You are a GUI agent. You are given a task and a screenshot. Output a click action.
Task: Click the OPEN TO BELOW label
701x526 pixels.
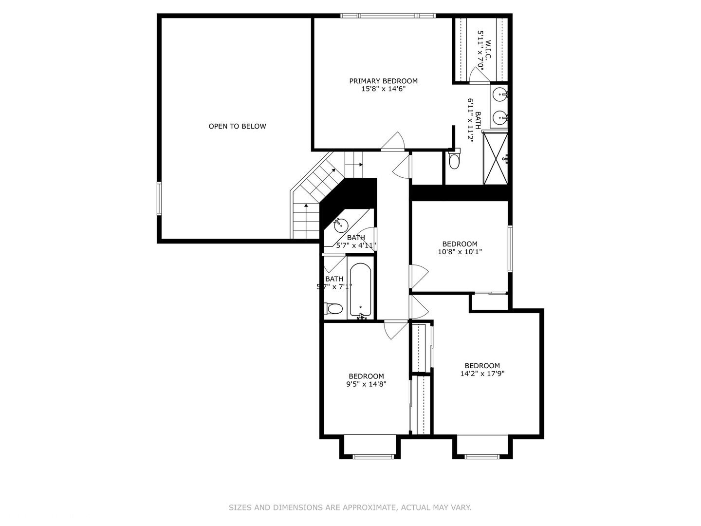237,126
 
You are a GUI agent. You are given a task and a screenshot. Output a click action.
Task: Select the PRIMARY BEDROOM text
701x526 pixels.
383,81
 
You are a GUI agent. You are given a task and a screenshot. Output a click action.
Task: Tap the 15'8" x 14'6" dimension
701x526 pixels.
383,89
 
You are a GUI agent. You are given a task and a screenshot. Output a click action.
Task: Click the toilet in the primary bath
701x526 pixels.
454,160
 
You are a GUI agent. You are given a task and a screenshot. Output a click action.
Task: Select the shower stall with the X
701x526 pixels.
496,159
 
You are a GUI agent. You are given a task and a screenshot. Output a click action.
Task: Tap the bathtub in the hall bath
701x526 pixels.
360,290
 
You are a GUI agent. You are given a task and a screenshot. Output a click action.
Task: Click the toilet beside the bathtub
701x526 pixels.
334,308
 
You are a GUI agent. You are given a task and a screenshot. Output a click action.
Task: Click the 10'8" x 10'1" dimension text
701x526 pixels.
460,252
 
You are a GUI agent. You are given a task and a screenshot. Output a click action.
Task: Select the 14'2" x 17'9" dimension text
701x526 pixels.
482,374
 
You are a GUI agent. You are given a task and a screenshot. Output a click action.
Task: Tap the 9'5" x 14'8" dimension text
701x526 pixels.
366,384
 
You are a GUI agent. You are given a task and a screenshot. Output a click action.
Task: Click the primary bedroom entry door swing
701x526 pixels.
393,142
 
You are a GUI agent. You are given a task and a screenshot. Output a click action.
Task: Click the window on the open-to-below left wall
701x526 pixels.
159,198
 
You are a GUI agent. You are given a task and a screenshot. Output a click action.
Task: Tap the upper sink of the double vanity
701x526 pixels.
499,94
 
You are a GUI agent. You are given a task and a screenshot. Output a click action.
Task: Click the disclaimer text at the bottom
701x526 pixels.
350,507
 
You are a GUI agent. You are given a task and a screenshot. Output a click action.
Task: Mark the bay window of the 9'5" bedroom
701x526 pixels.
373,456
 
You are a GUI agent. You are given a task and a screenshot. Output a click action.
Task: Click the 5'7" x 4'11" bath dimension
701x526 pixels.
356,245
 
